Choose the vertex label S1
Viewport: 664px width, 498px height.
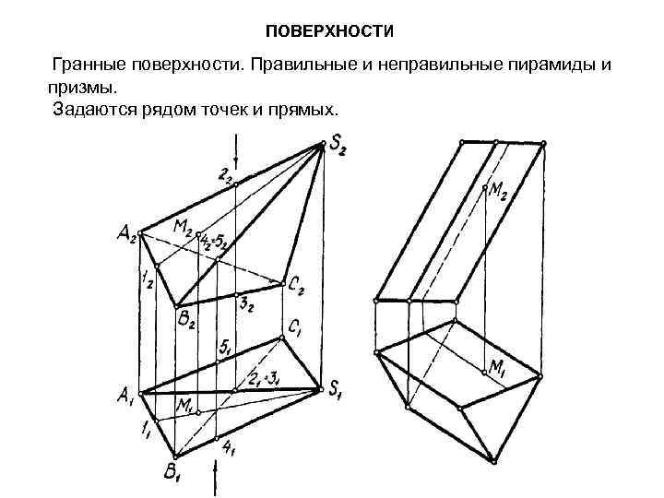tap(338, 390)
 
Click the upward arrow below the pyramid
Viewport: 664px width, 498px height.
tap(217, 479)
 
